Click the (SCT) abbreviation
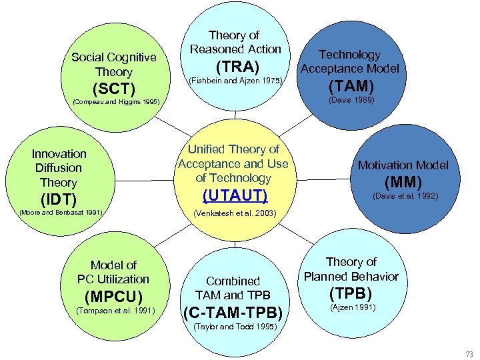[x=114, y=89]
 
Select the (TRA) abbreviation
[x=235, y=67]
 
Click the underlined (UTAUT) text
[x=234, y=195]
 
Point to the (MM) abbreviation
[x=403, y=181]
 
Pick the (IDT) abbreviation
[x=59, y=199]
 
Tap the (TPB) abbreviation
[x=351, y=293]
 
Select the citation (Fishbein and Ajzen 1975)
[x=237, y=81]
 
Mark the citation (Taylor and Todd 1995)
[x=233, y=327]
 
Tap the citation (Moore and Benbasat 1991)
[x=61, y=213]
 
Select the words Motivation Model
[x=403, y=165]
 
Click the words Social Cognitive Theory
[x=114, y=64]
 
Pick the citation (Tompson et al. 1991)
[x=116, y=310]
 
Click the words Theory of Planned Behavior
[x=351, y=269]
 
